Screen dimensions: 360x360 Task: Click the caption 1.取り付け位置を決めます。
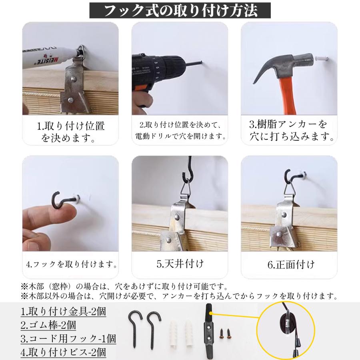(x=70, y=132)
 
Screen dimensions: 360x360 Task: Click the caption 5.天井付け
(x=180, y=264)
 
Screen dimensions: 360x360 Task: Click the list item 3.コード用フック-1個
(x=68, y=339)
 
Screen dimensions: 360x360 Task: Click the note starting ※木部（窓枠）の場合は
(x=124, y=286)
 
